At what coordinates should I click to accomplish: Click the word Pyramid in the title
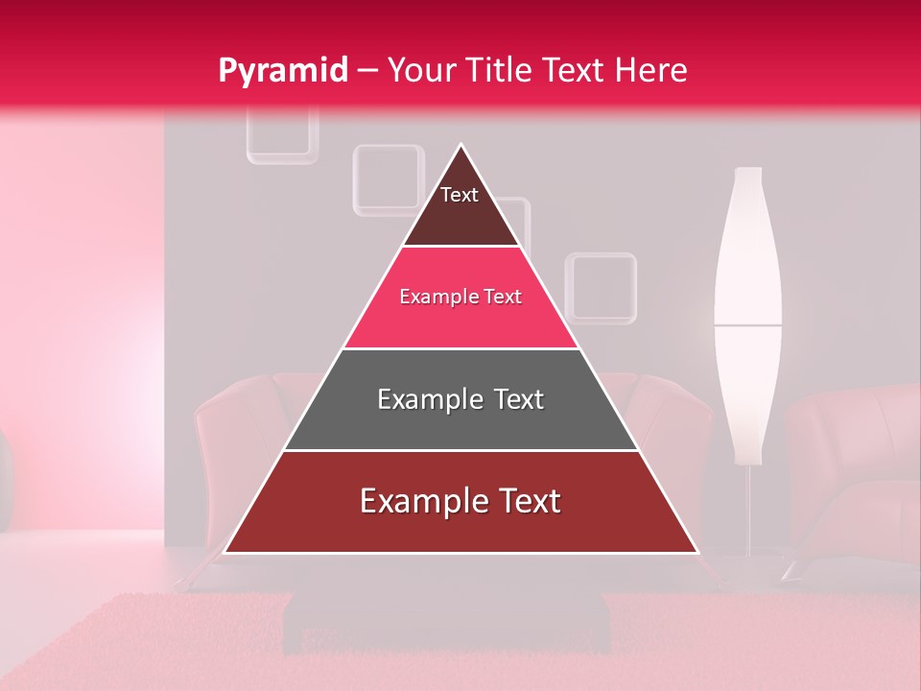(283, 71)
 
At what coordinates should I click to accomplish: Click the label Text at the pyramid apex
(460, 195)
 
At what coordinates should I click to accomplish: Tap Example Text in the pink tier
(460, 297)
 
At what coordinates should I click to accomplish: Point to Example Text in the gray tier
(460, 399)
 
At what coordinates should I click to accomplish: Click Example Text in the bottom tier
(460, 501)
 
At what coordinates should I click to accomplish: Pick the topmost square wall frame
(282, 134)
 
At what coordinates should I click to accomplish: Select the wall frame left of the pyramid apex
(388, 179)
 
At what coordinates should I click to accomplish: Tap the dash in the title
(366, 71)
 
